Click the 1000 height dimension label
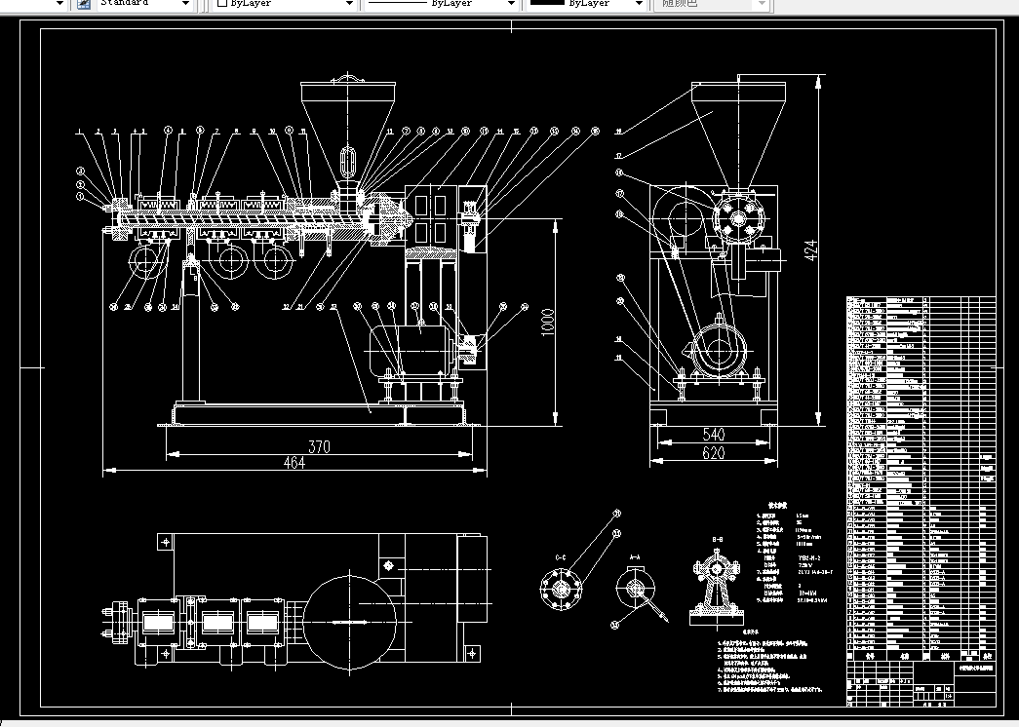pyautogui.click(x=548, y=321)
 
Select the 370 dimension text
pyautogui.click(x=319, y=446)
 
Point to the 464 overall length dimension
pyautogui.click(x=294, y=463)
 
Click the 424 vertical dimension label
pyautogui.click(x=808, y=251)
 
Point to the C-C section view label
pyautogui.click(x=560, y=557)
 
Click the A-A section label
pyautogui.click(x=634, y=557)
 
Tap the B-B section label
pyautogui.click(x=717, y=539)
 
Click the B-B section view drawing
pyautogui.click(x=717, y=585)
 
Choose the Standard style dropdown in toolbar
pyautogui.click(x=144, y=4)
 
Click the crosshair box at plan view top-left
pyautogui.click(x=167, y=542)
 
